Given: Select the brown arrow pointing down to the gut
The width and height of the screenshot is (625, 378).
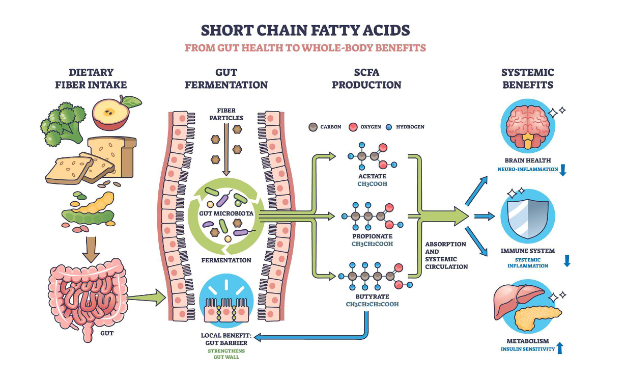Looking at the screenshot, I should click(90, 248).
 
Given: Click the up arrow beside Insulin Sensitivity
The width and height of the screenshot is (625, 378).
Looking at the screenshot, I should click(560, 348).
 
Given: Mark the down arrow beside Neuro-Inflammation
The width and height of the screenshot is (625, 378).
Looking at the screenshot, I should click(563, 170).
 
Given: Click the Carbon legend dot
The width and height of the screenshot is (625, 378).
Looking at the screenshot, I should click(313, 126).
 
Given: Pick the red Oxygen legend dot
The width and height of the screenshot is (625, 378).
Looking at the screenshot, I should click(352, 126).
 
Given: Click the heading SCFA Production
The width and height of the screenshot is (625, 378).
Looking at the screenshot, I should click(366, 78).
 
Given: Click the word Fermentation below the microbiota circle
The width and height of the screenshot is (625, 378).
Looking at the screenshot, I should click(225, 260).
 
